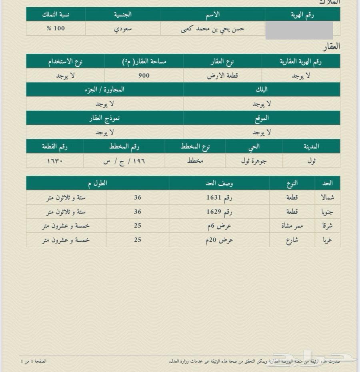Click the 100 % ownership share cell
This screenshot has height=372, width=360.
point(56,29)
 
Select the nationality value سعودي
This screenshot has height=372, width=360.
point(123,29)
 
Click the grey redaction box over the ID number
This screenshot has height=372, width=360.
point(299,30)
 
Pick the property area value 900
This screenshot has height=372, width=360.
point(144,75)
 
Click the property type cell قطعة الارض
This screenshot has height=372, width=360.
point(222,75)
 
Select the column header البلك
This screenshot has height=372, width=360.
point(262,90)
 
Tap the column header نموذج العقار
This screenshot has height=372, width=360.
point(104,118)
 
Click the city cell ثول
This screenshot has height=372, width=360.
point(311,160)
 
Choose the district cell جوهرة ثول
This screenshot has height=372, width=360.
point(254,160)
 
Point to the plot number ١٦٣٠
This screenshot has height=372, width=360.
point(55,160)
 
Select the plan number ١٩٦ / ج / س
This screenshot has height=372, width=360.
point(124,160)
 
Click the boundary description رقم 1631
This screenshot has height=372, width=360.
point(219,197)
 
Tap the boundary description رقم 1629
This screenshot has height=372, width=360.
point(219,212)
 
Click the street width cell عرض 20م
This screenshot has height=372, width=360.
point(219,240)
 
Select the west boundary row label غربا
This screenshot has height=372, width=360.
point(327,240)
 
